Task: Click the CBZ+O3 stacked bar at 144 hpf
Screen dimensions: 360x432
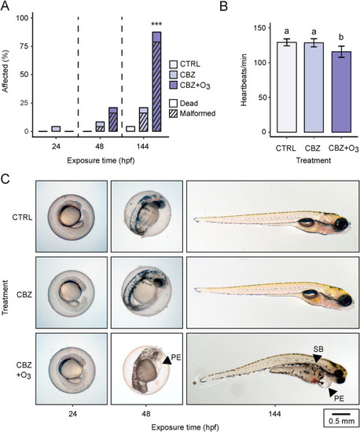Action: tap(156, 82)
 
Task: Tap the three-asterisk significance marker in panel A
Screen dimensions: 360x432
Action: tap(156, 24)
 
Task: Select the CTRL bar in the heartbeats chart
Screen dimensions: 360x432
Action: tap(286, 87)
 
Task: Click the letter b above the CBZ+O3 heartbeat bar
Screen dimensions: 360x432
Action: tap(341, 37)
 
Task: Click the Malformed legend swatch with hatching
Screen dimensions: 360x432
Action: tap(174, 114)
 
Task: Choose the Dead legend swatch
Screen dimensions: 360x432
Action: tap(174, 104)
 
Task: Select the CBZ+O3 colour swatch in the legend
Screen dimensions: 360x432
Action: tap(174, 86)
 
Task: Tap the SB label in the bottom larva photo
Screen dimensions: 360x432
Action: tap(318, 350)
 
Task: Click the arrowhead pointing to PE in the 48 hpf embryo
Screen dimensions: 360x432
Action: tap(167, 361)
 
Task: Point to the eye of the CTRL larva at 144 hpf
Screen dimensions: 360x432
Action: tap(341, 223)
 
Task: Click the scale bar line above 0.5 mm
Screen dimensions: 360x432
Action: tap(341, 413)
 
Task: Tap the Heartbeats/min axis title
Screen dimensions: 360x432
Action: tap(244, 80)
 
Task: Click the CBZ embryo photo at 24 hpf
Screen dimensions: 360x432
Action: tap(72, 293)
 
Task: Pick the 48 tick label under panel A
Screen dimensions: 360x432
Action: tap(99, 146)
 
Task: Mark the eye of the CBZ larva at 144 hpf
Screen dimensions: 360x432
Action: tap(346, 299)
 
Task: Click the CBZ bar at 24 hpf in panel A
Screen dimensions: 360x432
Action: tap(56, 129)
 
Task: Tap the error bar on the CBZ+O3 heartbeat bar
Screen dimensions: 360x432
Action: tap(341, 52)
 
